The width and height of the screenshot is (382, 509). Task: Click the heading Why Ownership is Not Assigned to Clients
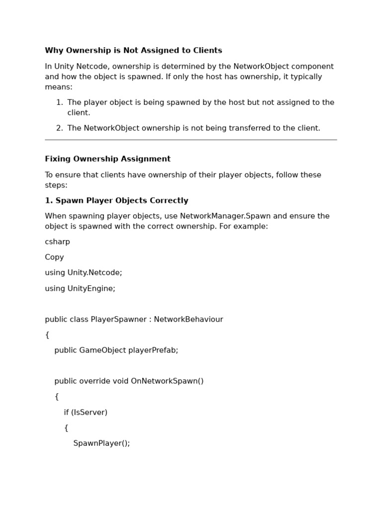point(133,51)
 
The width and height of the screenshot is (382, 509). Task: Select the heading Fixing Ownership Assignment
point(107,159)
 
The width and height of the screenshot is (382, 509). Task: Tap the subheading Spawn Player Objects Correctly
point(116,201)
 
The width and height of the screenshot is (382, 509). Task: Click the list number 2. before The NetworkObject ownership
point(59,128)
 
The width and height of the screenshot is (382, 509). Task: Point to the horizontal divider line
point(191,140)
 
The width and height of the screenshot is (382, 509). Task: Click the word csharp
point(57,242)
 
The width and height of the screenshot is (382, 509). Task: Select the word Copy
point(54,257)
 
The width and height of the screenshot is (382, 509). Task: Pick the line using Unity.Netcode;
point(83,273)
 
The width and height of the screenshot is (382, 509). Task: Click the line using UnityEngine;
point(80,288)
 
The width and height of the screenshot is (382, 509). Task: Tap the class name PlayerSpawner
point(119,320)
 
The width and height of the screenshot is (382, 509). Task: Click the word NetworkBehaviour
point(189,320)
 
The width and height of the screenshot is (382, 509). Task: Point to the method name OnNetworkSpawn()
point(167,381)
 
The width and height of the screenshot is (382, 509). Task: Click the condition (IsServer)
point(89,413)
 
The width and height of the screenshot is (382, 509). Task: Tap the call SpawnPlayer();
point(101,443)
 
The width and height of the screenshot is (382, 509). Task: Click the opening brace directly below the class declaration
point(47,335)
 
